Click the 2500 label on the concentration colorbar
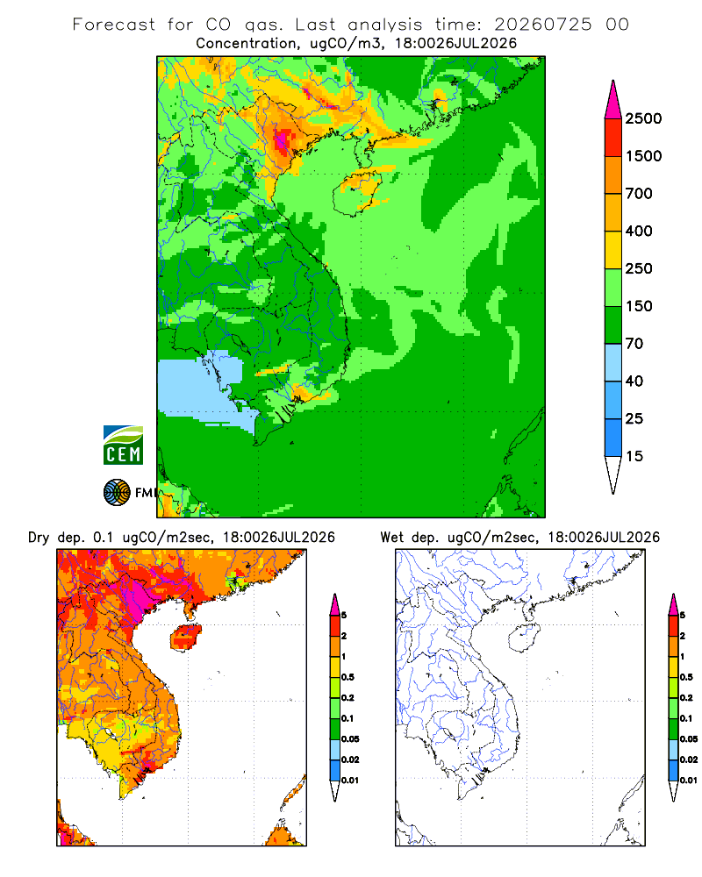pyautogui.click(x=643, y=118)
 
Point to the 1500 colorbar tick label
pyautogui.click(x=643, y=156)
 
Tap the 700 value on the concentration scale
pyautogui.click(x=639, y=194)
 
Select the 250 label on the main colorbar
pyautogui.click(x=639, y=268)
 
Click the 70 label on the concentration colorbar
pyautogui.click(x=634, y=344)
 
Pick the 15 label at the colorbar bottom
pyautogui.click(x=634, y=456)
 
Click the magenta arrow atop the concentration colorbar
pyautogui.click(x=613, y=100)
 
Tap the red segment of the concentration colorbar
pyautogui.click(x=613, y=138)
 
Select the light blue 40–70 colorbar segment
pyautogui.click(x=613, y=362)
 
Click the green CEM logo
pyautogui.click(x=123, y=446)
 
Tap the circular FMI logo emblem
pyautogui.click(x=117, y=493)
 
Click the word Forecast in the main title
pyautogui.click(x=114, y=25)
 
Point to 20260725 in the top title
pyautogui.click(x=542, y=25)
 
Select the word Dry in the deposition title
pyautogui.click(x=39, y=538)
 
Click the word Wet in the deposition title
pyautogui.click(x=391, y=538)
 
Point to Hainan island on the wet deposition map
pyautogui.click(x=525, y=638)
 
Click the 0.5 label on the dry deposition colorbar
pyautogui.click(x=347, y=677)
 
